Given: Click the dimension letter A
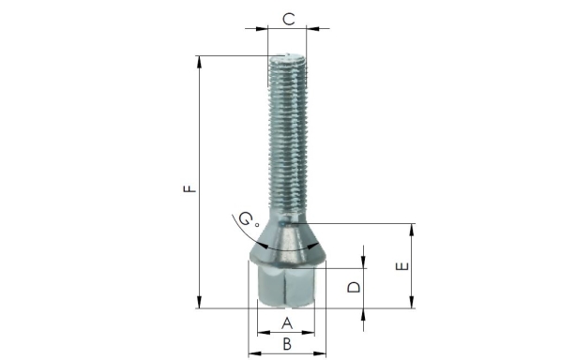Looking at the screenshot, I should (x=287, y=323).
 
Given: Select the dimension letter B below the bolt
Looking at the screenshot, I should (x=287, y=344).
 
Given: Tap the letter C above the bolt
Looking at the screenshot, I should (x=289, y=18).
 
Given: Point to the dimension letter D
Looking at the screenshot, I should (x=354, y=287).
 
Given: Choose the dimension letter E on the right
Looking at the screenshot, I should (x=402, y=266).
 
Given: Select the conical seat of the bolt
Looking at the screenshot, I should (x=287, y=239).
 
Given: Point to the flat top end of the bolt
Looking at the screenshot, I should (x=288, y=57).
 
